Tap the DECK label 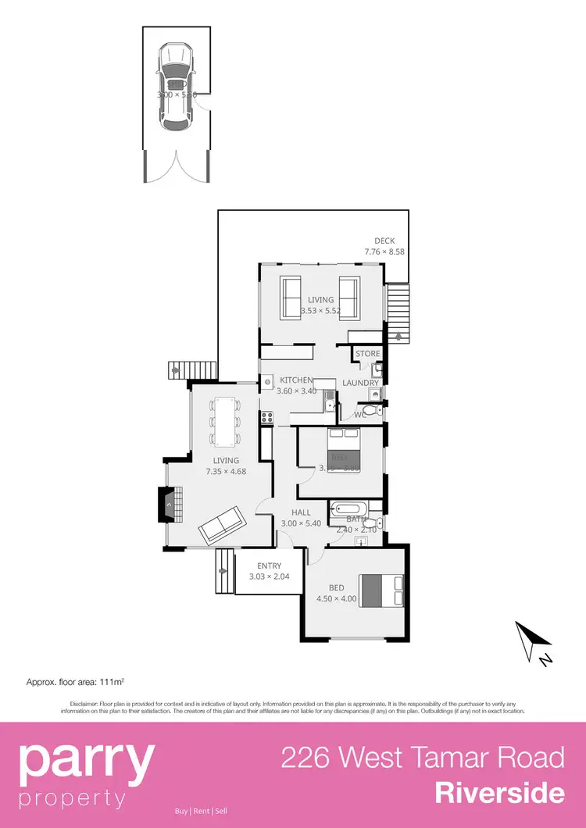click(384, 241)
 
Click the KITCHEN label click(297, 380)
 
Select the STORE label click(367, 354)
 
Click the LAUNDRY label click(361, 383)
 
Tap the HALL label click(301, 513)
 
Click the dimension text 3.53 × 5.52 click(320, 310)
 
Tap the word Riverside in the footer click(499, 793)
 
